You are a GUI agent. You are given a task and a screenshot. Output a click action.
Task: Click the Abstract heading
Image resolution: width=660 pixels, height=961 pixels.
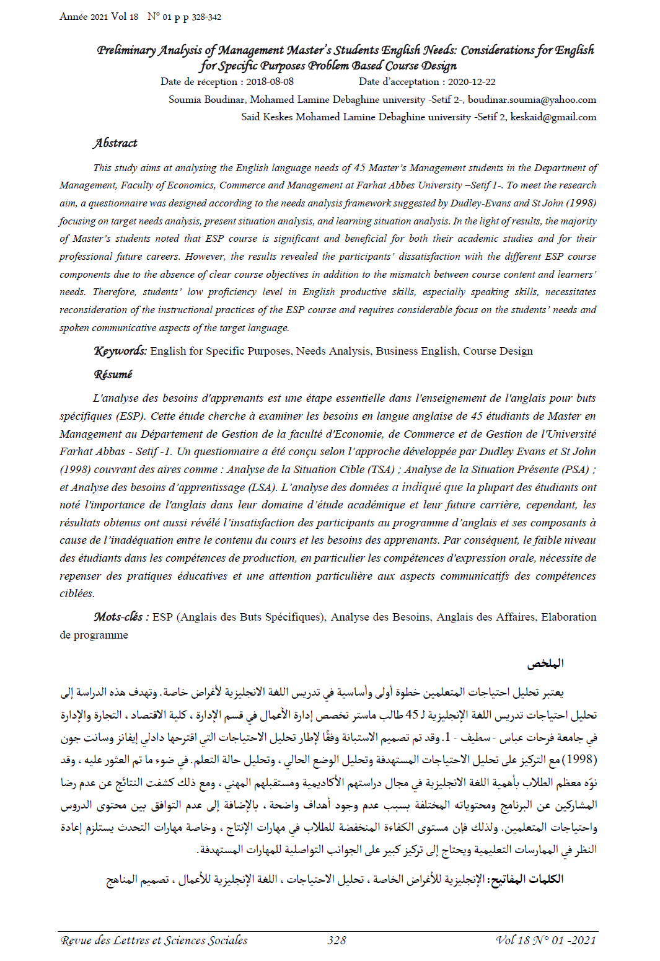click(x=115, y=143)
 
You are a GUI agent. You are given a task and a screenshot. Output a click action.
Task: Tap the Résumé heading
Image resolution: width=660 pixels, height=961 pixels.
click(x=113, y=374)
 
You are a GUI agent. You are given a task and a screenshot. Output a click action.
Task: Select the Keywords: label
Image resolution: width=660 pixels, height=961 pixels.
click(x=120, y=351)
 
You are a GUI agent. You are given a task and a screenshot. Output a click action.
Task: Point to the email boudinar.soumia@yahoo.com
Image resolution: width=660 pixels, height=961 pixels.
click(x=532, y=100)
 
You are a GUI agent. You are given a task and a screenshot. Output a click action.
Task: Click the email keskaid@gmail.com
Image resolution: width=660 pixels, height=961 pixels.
click(x=553, y=117)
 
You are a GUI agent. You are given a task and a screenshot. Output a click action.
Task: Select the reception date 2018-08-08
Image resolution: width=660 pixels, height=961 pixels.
click(x=270, y=82)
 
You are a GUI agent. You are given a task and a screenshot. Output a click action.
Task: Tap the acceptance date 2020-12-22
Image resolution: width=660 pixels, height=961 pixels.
click(x=472, y=82)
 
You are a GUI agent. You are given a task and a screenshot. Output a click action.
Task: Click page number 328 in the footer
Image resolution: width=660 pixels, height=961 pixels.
click(x=337, y=941)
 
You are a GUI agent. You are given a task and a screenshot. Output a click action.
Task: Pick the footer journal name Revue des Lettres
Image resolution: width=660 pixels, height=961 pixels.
click(x=154, y=941)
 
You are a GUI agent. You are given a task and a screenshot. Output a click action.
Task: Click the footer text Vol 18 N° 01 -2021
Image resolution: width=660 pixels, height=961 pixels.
click(x=546, y=941)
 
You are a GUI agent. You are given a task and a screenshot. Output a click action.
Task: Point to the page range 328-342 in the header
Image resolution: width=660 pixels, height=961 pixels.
click(x=206, y=17)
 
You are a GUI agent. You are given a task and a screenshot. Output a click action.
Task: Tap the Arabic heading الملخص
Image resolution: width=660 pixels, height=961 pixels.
click(x=545, y=664)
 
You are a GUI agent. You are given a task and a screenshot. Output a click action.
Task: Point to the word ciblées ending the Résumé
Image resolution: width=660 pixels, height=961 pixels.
click(x=77, y=594)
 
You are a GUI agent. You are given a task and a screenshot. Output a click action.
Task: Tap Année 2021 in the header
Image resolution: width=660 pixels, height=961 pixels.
click(x=84, y=17)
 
